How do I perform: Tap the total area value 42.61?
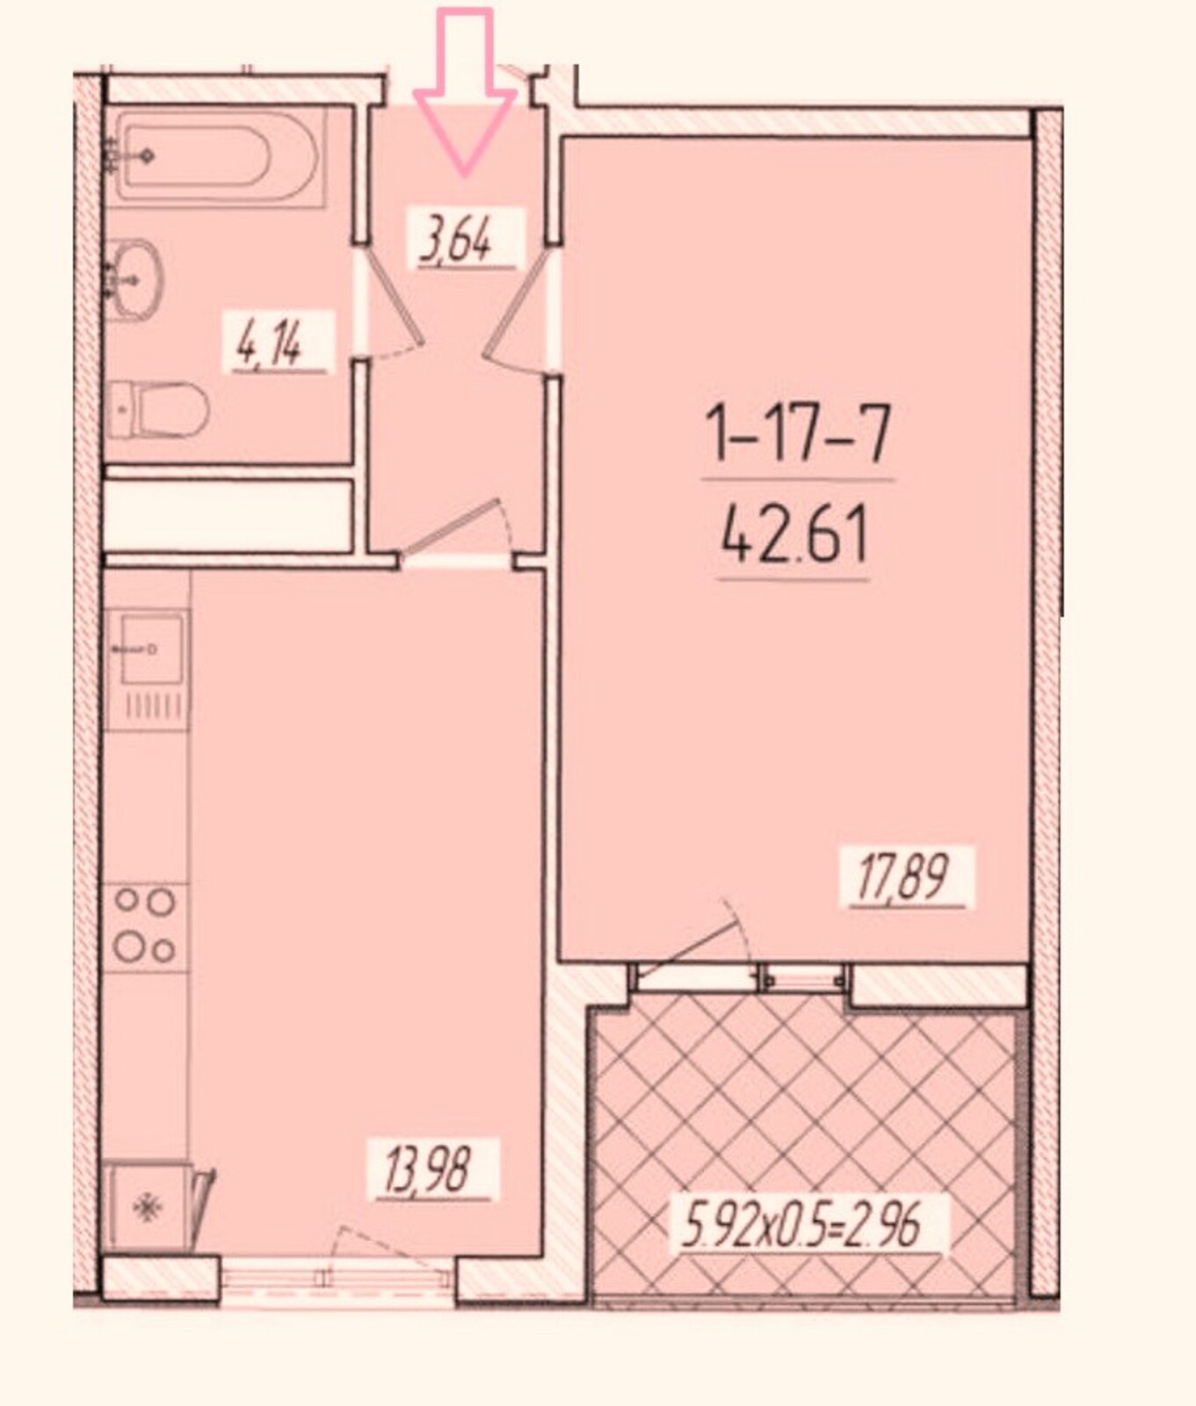tap(794, 537)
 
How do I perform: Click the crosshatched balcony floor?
tap(805, 1151)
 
